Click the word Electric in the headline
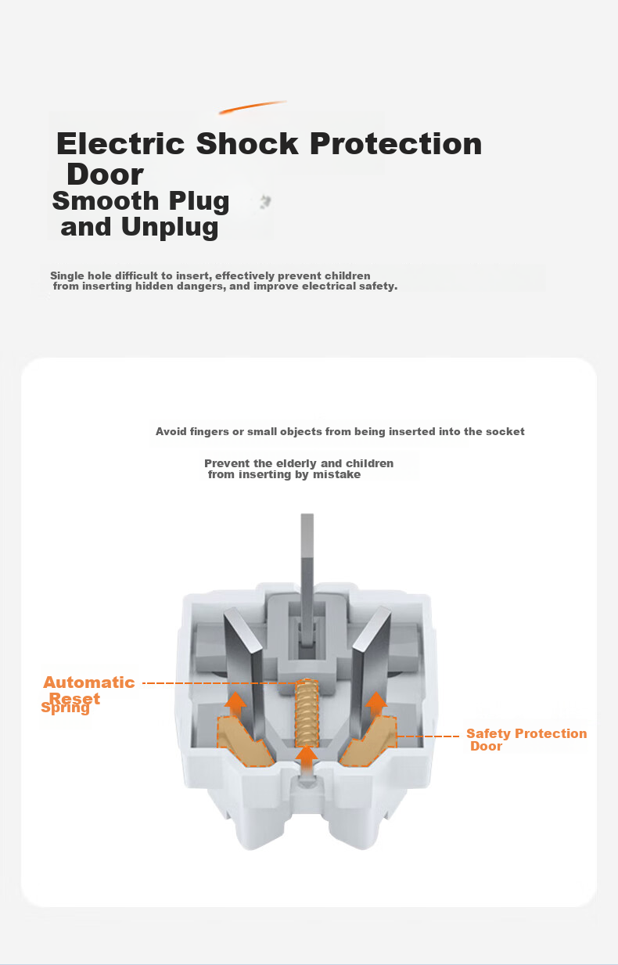point(120,143)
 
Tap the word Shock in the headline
point(247,143)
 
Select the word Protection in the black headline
point(396,143)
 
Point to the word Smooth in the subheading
point(106,201)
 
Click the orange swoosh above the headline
point(253,107)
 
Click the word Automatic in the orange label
point(89,682)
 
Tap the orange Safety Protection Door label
point(526,740)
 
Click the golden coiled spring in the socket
point(307,712)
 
